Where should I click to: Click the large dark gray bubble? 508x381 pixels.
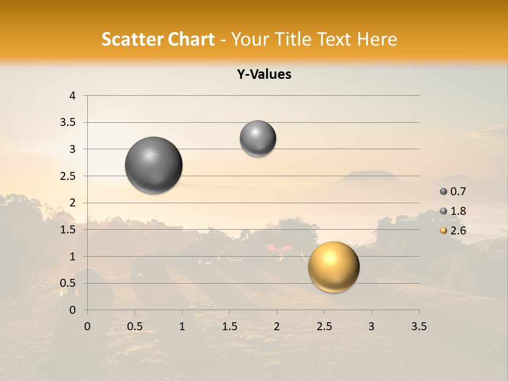tap(154, 165)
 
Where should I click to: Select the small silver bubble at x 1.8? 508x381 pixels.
tap(258, 139)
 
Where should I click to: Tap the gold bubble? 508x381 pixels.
tap(333, 267)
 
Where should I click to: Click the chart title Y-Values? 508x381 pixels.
tap(264, 75)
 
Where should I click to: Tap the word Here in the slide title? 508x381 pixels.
tap(377, 39)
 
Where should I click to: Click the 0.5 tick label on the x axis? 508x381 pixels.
tap(134, 326)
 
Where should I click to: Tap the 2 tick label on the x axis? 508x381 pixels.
tap(277, 326)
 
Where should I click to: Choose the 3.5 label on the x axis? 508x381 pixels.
tap(419, 326)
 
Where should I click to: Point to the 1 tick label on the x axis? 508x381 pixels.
tap(182, 326)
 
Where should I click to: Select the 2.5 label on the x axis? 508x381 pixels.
tap(324, 326)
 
